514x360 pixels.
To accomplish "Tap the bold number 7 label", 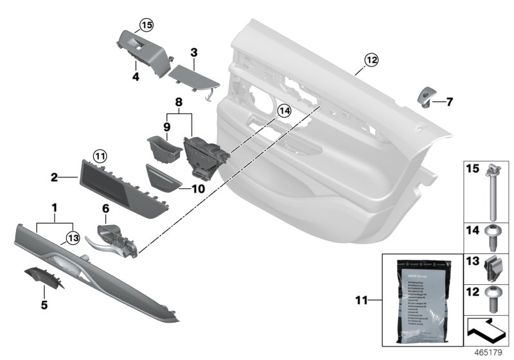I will point(450,102).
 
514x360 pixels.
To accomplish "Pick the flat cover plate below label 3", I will point(193,76).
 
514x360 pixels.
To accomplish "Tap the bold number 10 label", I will point(199,189).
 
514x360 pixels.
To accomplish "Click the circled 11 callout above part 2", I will point(98,155).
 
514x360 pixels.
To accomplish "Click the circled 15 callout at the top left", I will point(146,26).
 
